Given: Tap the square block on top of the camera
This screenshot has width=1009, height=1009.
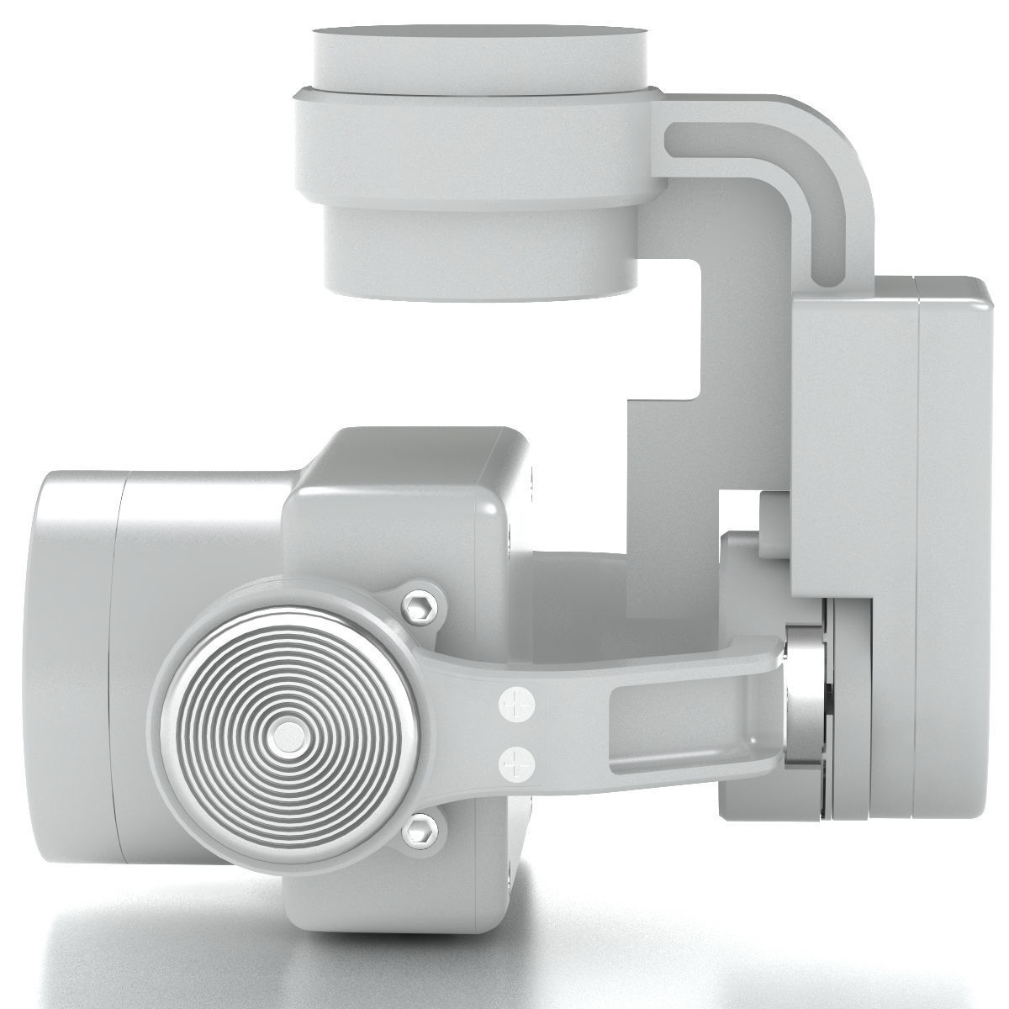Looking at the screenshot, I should click(x=404, y=471).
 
